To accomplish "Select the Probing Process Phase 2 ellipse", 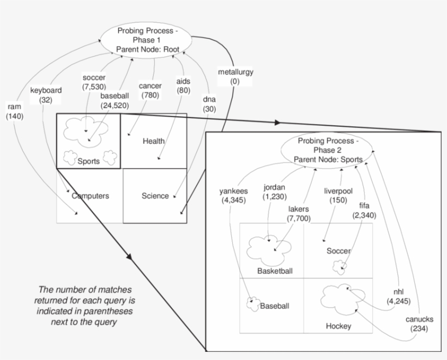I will click(x=328, y=150).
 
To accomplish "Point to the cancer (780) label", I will click(x=150, y=90).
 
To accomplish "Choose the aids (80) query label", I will click(x=183, y=86).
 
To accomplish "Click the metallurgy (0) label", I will click(x=235, y=77).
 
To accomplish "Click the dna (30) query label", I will click(x=209, y=105).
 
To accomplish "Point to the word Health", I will click(x=154, y=142).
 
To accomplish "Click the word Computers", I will click(x=91, y=196).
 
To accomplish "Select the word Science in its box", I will click(x=155, y=196).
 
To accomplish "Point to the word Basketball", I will click(x=275, y=271).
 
